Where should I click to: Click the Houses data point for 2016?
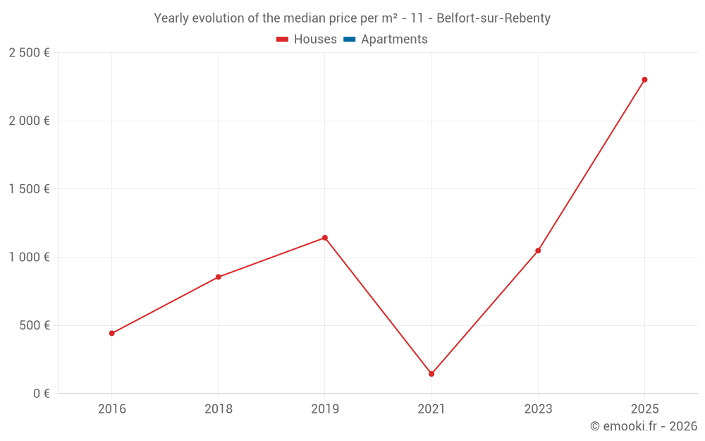click(112, 333)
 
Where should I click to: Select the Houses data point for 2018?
click(219, 277)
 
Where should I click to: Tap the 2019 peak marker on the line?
click(325, 238)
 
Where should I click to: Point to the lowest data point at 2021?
click(431, 374)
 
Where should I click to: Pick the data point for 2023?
click(538, 250)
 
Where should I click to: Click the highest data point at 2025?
click(644, 80)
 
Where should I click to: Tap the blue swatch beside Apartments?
click(350, 40)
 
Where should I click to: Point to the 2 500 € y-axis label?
click(29, 53)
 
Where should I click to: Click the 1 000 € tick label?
click(29, 258)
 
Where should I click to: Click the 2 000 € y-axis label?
click(29, 121)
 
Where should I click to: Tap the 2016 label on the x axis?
click(112, 409)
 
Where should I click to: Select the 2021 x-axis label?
click(431, 409)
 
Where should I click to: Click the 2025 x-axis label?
click(644, 409)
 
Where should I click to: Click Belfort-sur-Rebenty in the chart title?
click(493, 18)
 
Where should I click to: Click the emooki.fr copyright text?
click(644, 426)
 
